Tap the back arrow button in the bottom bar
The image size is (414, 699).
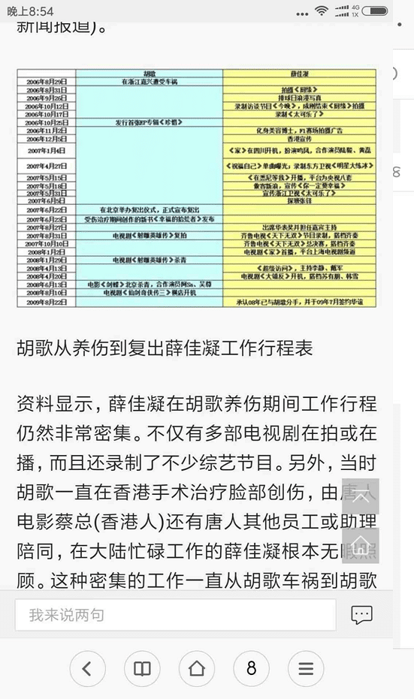pyautogui.click(x=87, y=668)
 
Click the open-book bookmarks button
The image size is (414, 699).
pyautogui.click(x=142, y=668)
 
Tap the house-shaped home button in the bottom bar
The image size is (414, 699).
pyautogui.click(x=197, y=668)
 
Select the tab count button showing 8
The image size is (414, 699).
pyautogui.click(x=252, y=668)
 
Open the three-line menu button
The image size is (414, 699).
pyautogui.click(x=306, y=668)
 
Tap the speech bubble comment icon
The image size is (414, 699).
pyautogui.click(x=361, y=615)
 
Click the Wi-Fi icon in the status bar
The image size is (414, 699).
pyautogui.click(x=322, y=11)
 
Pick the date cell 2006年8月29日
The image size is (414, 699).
pyautogui.click(x=47, y=81)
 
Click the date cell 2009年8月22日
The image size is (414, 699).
pyautogui.click(x=47, y=301)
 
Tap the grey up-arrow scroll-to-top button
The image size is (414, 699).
pyautogui.click(x=360, y=496)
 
